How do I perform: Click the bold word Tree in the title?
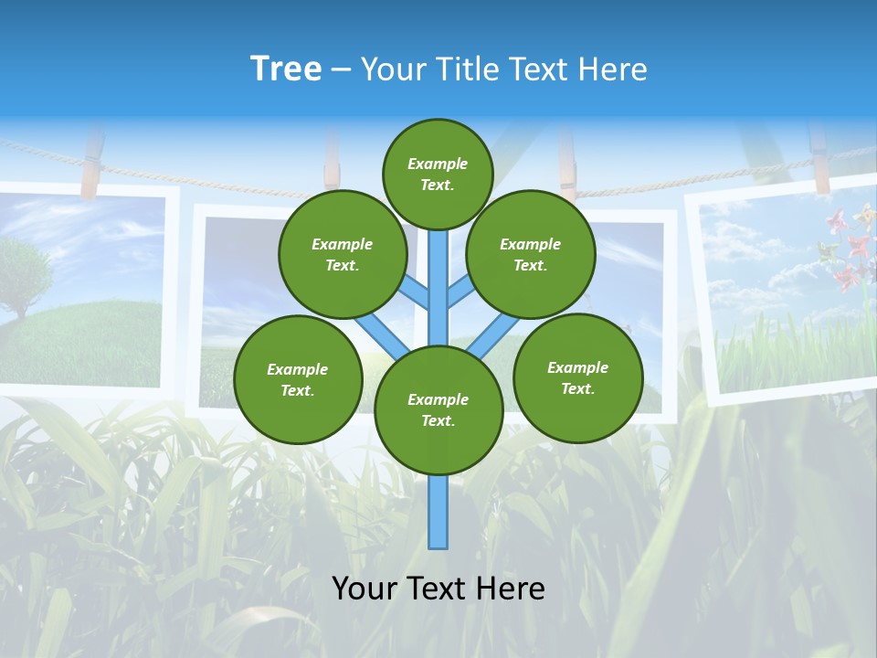click(286, 69)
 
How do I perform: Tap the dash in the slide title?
click(341, 70)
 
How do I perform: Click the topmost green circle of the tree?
click(438, 174)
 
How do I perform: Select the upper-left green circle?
click(343, 254)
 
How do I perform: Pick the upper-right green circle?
click(531, 254)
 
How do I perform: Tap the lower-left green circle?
click(298, 379)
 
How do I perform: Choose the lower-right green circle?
click(577, 377)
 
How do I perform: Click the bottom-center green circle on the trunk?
click(438, 409)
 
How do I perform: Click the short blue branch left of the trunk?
click(413, 293)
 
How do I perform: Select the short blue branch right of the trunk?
click(460, 292)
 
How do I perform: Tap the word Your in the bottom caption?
click(364, 589)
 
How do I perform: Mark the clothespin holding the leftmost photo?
click(91, 164)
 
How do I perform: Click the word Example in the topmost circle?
click(438, 164)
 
